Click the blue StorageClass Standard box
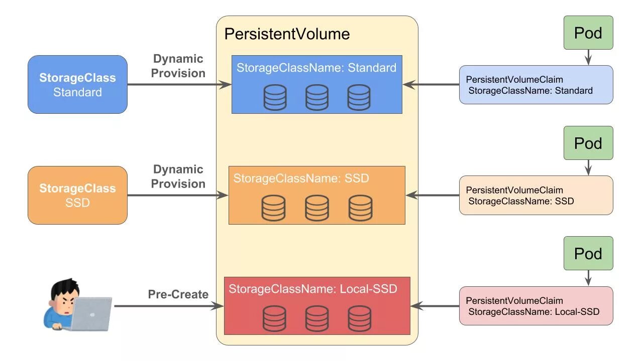(77, 85)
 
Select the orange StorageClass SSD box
(77, 195)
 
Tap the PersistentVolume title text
(287, 34)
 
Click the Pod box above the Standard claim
(588, 33)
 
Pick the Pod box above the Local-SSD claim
(588, 253)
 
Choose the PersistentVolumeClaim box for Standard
(536, 85)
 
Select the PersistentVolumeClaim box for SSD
(536, 195)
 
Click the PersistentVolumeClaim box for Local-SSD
(536, 306)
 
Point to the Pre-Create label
(178, 294)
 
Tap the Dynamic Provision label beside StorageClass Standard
(178, 66)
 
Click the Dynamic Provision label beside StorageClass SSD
(178, 176)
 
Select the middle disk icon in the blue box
(317, 97)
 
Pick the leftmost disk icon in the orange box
(273, 208)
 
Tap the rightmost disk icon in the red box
(360, 318)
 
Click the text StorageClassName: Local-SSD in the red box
(313, 289)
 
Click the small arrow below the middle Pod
(588, 167)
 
